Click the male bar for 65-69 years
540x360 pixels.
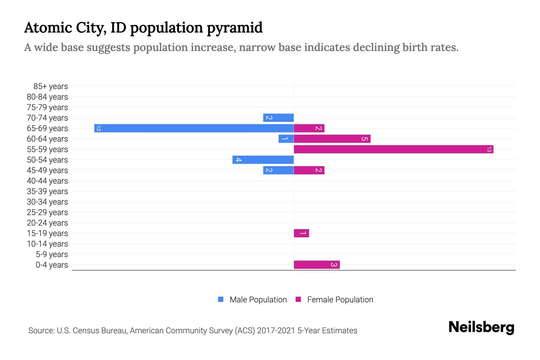194,128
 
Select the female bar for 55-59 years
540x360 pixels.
393,149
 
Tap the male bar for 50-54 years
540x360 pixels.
263,160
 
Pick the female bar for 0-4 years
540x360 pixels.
316,265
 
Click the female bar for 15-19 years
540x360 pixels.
301,233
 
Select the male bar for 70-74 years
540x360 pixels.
278,118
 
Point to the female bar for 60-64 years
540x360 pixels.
332,139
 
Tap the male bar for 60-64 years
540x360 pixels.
286,139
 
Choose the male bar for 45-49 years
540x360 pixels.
278,170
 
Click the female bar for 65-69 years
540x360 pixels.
309,128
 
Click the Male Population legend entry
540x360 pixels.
252,299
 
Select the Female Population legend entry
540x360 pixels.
334,299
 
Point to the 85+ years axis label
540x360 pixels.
51,86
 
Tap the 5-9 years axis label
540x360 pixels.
52,254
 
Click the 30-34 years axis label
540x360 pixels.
47,202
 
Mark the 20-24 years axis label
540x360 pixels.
47,223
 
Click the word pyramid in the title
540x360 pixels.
234,28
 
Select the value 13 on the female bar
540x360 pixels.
489,149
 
